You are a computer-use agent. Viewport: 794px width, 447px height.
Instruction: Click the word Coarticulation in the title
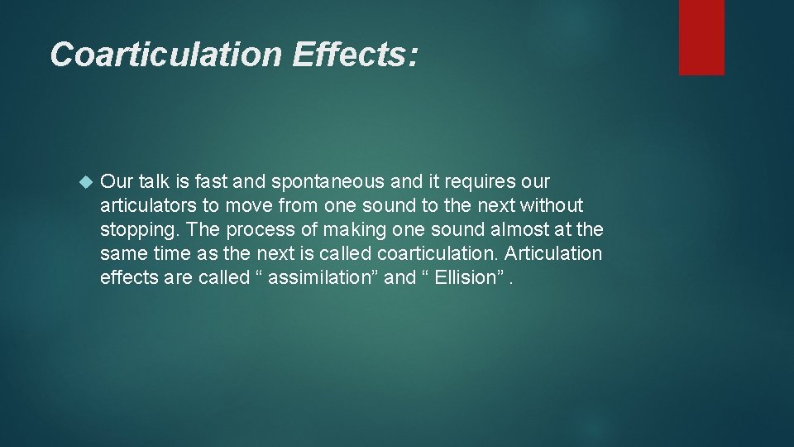165,55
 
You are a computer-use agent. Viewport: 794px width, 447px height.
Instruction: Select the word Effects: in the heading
355,55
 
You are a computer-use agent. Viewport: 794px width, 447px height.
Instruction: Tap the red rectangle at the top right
701,37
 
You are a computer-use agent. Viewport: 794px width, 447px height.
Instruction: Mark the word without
552,205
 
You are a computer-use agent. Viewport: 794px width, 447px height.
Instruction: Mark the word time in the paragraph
171,253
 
